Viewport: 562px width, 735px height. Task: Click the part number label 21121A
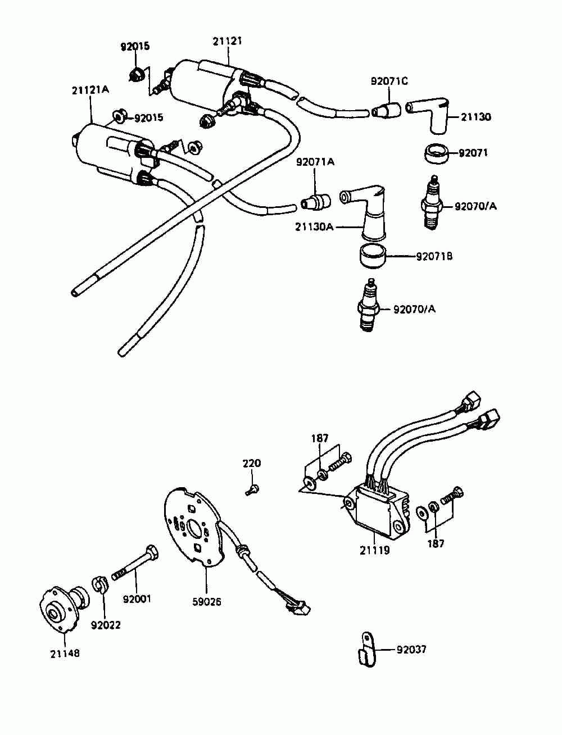(x=90, y=90)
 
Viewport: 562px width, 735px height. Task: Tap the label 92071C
(x=389, y=81)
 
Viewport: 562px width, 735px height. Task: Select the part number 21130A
(x=314, y=227)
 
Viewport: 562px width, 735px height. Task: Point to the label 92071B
(x=434, y=257)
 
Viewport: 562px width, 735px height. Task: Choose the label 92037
(x=411, y=650)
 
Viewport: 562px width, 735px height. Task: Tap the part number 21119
(x=375, y=550)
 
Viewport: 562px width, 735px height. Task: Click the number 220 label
(x=252, y=464)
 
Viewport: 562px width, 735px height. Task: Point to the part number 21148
(x=65, y=654)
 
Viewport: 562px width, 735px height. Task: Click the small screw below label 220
(x=252, y=490)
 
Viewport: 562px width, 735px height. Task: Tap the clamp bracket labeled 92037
(x=366, y=651)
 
